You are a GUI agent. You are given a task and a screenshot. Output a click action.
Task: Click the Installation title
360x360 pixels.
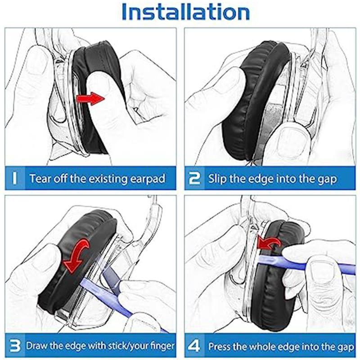[x=186, y=12]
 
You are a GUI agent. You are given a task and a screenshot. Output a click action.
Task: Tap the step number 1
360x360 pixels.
[x=14, y=178]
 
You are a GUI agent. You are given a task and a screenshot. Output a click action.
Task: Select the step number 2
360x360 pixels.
[x=194, y=178]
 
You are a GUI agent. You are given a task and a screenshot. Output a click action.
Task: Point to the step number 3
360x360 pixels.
[x=15, y=346]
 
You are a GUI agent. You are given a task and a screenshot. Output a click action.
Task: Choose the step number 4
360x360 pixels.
[x=194, y=346]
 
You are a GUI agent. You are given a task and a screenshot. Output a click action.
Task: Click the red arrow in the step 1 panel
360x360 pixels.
[x=90, y=99]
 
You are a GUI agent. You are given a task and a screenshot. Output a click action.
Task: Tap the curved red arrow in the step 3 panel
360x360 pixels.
[x=76, y=256]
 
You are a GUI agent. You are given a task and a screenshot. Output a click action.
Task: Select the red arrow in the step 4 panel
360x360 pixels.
[x=269, y=243]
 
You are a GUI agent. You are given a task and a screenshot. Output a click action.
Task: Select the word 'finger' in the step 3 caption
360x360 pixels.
[x=162, y=346]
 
